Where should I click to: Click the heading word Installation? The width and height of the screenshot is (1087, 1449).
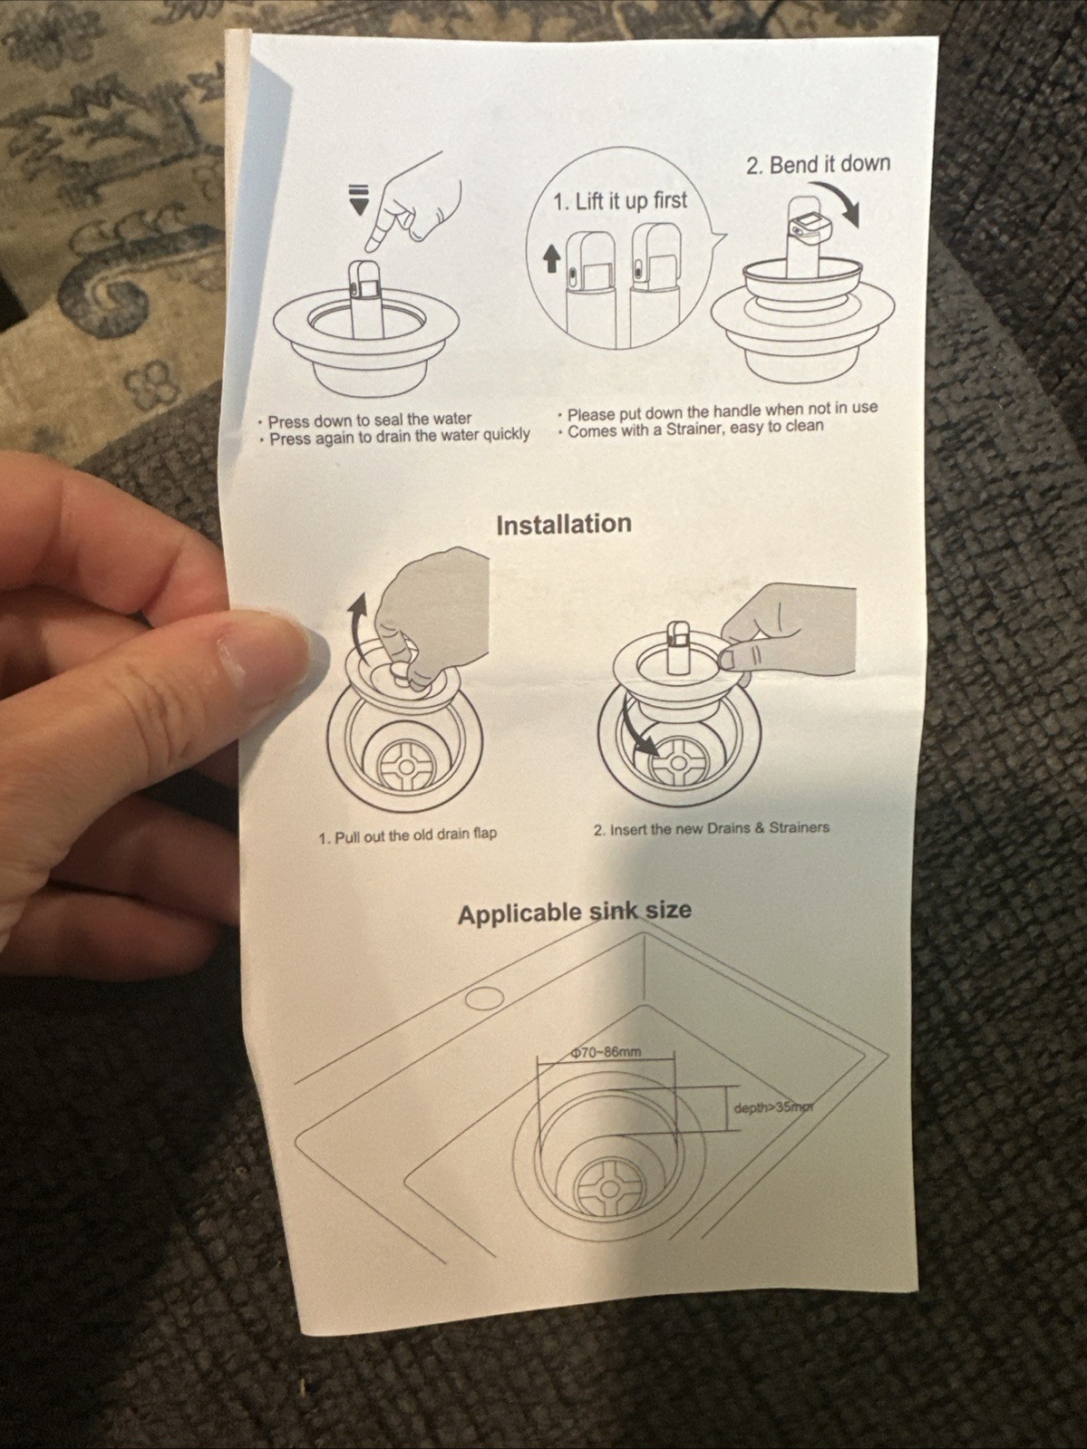tap(563, 524)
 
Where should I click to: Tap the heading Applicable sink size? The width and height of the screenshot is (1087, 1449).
tap(575, 913)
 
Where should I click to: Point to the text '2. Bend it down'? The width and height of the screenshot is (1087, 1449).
tap(819, 164)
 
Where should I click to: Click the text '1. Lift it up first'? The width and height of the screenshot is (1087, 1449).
tap(620, 200)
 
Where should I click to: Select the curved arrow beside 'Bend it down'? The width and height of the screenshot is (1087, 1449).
tap(840, 200)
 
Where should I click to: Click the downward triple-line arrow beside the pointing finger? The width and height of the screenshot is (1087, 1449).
tap(358, 198)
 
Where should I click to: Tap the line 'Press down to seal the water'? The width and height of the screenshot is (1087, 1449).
tap(370, 420)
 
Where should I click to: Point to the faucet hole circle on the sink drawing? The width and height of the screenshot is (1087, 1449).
tap(483, 998)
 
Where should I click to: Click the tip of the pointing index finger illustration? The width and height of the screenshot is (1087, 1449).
tap(371, 247)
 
